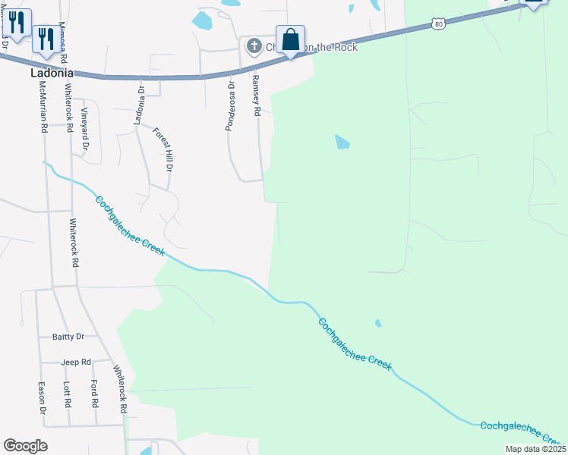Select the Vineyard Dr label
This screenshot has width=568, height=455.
(85, 130)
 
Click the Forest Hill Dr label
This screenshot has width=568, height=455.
(164, 149)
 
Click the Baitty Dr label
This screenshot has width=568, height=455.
(68, 336)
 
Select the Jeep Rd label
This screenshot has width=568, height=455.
(76, 362)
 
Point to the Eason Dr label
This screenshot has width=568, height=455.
(43, 398)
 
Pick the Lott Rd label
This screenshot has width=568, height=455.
(67, 393)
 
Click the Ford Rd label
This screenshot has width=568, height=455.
(94, 393)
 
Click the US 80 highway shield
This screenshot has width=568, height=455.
(438, 24)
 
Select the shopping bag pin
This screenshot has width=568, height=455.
(290, 39)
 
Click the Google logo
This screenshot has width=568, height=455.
(25, 446)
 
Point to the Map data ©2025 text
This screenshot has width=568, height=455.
(535, 449)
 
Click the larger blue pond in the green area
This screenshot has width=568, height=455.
(342, 142)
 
